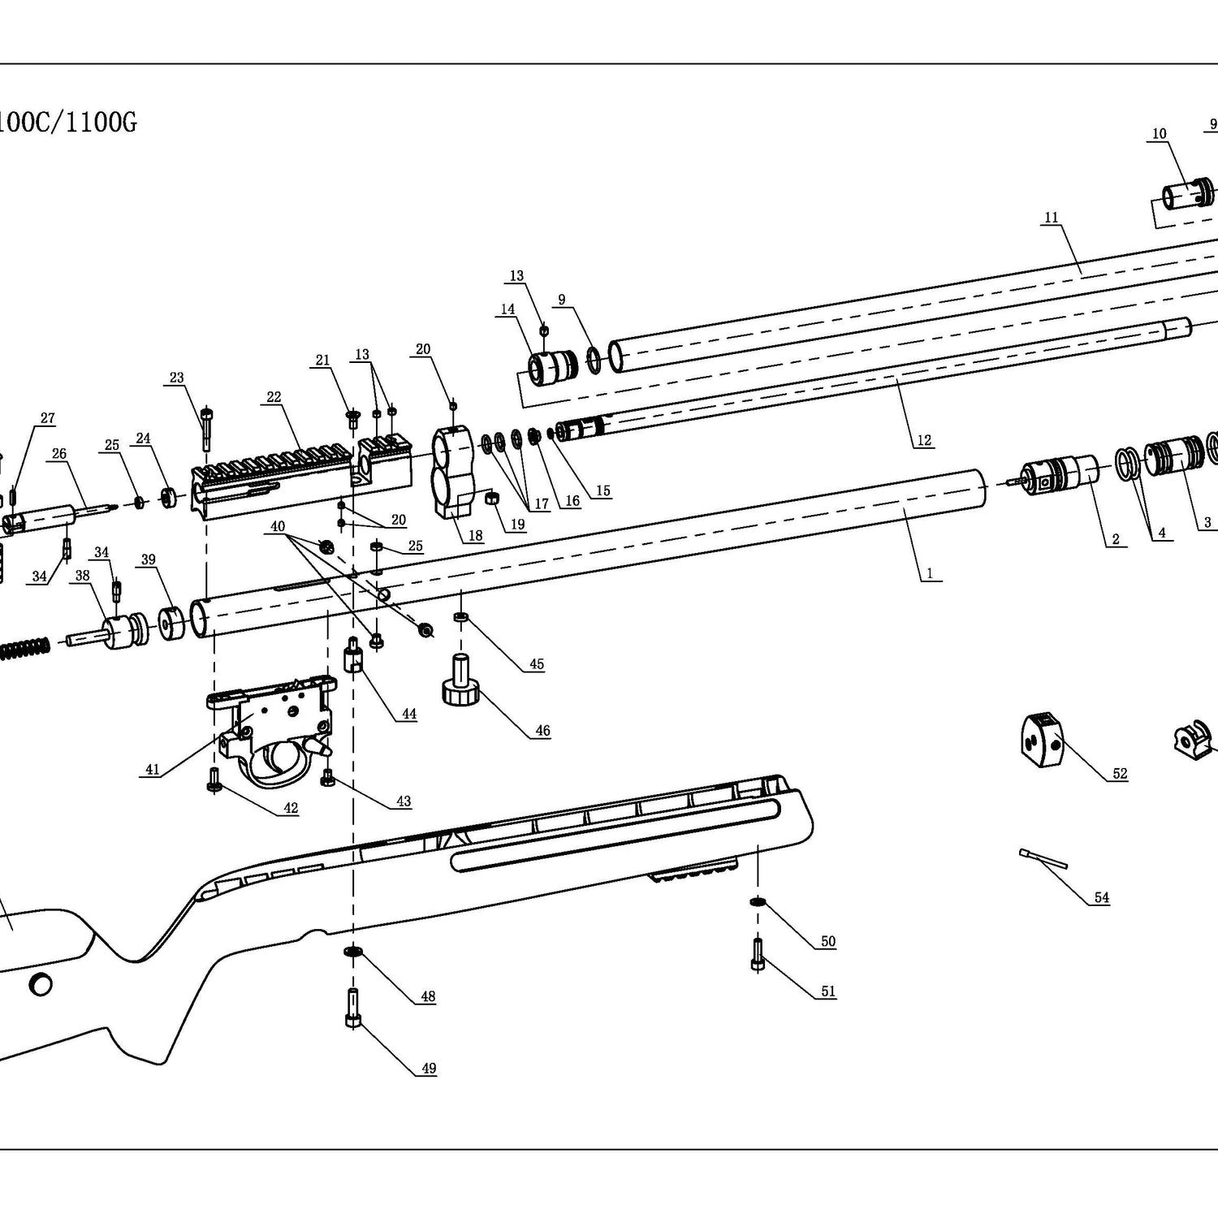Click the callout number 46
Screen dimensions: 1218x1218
coord(542,731)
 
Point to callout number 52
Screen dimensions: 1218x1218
coord(1120,774)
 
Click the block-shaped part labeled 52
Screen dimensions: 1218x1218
coord(1041,739)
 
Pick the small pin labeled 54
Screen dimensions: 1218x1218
coord(1041,857)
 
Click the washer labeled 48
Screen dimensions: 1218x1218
coord(353,951)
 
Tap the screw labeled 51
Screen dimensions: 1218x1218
coord(758,953)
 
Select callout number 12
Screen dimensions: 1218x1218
coord(924,440)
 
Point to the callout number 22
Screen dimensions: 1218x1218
coord(274,397)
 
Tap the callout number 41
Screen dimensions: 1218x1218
coord(153,770)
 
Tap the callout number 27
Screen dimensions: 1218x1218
coord(48,418)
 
